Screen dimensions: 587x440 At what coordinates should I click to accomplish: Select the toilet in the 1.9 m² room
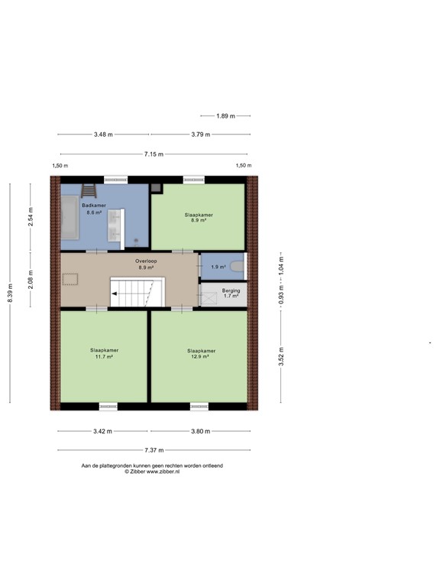[x=238, y=267]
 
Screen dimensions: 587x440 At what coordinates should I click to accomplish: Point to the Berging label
[x=231, y=291]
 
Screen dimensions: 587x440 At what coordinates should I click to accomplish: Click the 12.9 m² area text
[x=202, y=357]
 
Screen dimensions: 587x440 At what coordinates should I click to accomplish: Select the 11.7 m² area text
[x=104, y=357]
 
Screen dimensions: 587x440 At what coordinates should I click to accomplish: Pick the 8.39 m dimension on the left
[x=10, y=293]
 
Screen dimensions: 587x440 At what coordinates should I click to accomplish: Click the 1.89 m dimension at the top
[x=225, y=115]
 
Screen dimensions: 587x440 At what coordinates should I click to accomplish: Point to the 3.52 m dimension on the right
[x=281, y=357]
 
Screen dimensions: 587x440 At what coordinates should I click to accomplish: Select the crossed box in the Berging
[x=207, y=296]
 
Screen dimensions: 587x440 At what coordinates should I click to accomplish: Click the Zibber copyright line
[x=152, y=472]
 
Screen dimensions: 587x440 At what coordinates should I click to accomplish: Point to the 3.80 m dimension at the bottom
[x=200, y=431]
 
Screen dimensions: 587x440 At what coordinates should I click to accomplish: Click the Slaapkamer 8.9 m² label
[x=199, y=218]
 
